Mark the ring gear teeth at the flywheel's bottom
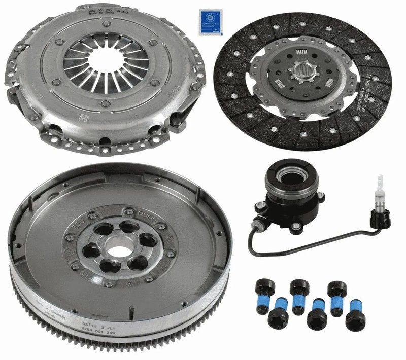122,350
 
